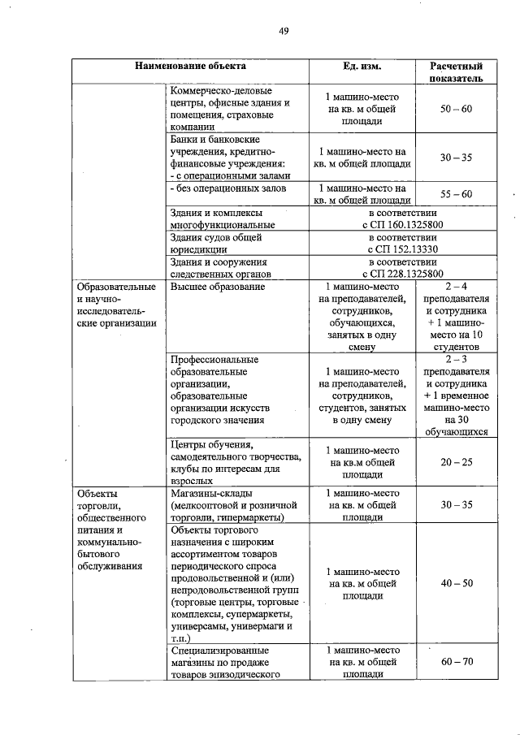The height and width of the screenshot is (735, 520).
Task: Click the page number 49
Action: point(284,32)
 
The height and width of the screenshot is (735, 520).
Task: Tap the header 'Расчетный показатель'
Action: point(455,72)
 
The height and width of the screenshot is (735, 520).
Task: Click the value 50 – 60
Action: point(456,109)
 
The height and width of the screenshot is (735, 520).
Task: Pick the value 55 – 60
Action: point(456,194)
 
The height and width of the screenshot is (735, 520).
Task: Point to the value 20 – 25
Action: point(456,462)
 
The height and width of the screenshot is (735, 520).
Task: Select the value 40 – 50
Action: point(456,583)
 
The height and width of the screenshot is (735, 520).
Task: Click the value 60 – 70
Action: point(456,662)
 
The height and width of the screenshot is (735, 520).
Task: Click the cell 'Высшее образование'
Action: point(218,288)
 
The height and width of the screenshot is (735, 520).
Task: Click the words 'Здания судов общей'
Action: point(214,238)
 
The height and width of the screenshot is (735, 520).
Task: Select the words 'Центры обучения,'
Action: point(211,445)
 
